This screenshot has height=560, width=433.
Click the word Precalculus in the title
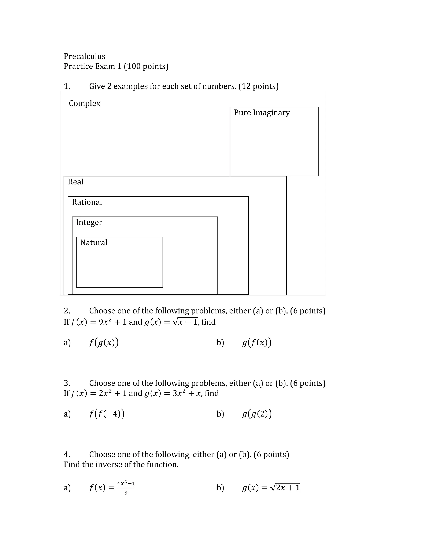tap(84, 56)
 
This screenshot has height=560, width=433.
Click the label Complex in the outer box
tap(84, 103)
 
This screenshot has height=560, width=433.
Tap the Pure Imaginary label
tap(262, 113)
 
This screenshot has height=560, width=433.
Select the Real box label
tap(75, 182)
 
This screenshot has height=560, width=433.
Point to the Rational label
tap(87, 202)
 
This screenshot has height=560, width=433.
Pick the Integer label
tap(89, 222)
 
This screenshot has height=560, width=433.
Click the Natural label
tap(94, 243)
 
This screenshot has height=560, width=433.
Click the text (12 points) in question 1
tap(258, 86)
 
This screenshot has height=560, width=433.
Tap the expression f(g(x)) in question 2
tap(104, 343)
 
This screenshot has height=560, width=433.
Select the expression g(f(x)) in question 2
tap(256, 343)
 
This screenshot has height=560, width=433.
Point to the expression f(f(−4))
tap(107, 414)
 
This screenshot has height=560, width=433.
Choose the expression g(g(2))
tap(257, 414)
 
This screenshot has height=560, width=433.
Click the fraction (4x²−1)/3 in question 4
tap(126, 488)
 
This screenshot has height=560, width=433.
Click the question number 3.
tap(67, 383)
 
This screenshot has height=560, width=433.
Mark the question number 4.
tap(67, 454)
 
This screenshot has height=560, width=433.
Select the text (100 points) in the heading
tap(146, 66)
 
